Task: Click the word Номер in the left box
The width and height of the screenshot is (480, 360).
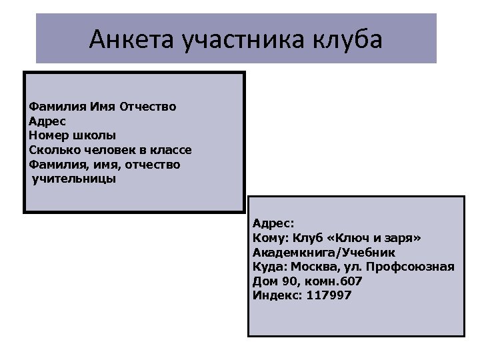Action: [x=46, y=136]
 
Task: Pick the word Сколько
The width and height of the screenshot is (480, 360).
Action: [x=52, y=150]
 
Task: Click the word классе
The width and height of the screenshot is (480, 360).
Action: [x=170, y=150]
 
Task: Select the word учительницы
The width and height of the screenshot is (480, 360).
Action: [x=73, y=179]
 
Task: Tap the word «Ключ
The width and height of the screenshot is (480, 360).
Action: [x=353, y=237]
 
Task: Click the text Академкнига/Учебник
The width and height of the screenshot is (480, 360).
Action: [x=324, y=252]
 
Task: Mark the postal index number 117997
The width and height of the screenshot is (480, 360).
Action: [x=329, y=295]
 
